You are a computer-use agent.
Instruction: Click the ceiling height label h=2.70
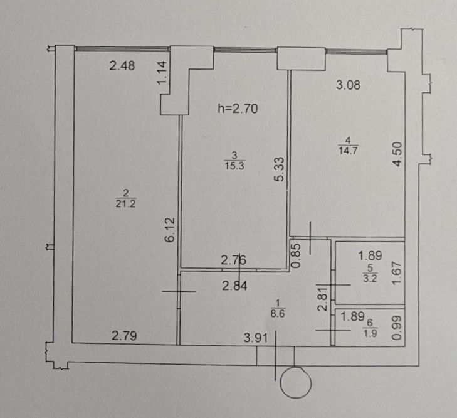[238, 109]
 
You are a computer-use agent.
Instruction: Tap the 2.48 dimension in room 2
[122, 66]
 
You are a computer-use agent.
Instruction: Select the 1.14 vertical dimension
[162, 73]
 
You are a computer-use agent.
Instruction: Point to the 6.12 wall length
[170, 230]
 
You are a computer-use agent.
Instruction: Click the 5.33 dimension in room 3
[279, 169]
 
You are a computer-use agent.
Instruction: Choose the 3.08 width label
[348, 85]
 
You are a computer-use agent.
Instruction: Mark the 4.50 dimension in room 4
[397, 154]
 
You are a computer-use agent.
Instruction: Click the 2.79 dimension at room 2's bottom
[125, 336]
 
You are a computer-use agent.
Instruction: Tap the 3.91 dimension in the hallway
[256, 338]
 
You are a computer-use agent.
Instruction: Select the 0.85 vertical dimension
[296, 255]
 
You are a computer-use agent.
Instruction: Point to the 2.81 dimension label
[323, 299]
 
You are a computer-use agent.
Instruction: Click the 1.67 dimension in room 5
[397, 272]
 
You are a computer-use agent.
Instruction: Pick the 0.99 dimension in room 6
[397, 328]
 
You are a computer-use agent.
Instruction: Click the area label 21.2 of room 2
[125, 203]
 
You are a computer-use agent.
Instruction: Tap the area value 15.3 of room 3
[234, 166]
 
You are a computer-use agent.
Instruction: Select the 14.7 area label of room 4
[348, 151]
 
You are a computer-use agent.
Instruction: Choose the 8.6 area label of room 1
[278, 314]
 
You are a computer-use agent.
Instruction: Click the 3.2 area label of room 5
[370, 278]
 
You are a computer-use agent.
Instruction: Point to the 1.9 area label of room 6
[370, 333]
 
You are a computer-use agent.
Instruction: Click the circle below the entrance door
[296, 368]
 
